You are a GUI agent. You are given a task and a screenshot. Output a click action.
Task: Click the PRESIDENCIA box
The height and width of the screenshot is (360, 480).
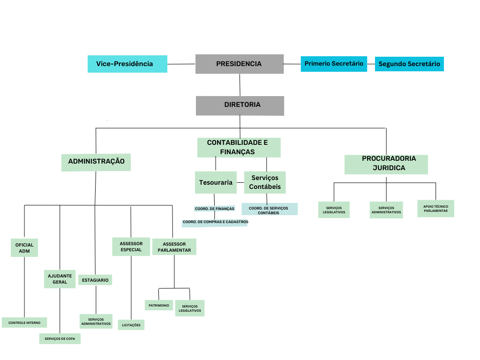[x=239, y=64]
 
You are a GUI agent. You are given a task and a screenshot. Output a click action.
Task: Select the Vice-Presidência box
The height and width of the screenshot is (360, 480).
[x=127, y=64]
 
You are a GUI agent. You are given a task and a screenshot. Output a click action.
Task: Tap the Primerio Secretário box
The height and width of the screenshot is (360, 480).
[x=334, y=63]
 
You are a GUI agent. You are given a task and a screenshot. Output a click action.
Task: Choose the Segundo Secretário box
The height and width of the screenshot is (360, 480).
[x=409, y=64]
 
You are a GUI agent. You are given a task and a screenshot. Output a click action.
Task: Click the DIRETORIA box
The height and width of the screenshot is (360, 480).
[x=240, y=105]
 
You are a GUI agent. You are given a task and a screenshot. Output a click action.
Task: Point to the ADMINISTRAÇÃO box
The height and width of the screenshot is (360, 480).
[x=96, y=162]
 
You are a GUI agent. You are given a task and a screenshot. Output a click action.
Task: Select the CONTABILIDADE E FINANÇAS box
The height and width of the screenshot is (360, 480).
[x=238, y=147]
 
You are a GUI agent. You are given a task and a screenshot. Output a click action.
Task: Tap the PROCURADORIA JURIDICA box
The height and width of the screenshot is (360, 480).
[x=386, y=164]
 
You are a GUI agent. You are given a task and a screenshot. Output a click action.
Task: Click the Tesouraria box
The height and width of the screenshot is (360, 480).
[x=216, y=182]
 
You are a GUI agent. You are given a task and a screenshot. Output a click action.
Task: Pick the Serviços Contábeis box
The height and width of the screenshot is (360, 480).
[x=265, y=182]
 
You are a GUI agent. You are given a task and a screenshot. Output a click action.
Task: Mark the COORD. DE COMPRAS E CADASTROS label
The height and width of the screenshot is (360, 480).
[x=215, y=222]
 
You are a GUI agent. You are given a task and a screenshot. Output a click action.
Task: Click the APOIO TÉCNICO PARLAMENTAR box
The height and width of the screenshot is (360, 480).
[x=435, y=209]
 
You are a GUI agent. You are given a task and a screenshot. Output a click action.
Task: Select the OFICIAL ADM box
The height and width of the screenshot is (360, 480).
[x=24, y=247]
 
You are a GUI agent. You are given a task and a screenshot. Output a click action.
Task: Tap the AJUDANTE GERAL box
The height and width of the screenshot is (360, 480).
[x=60, y=279]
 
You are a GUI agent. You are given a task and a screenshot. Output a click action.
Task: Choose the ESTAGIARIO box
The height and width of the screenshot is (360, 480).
[x=95, y=280]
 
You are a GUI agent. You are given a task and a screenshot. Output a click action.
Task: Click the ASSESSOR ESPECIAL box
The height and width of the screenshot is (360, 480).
[x=131, y=247]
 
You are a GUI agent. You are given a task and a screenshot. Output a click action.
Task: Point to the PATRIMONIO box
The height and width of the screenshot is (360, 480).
[x=158, y=305]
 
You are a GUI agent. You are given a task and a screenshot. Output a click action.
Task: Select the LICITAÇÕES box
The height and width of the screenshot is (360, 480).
[x=131, y=324]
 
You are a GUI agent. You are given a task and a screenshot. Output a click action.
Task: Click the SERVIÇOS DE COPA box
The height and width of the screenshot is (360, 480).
[x=60, y=338]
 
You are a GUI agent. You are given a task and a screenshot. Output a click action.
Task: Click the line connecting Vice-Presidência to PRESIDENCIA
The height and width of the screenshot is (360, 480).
[x=181, y=64]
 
